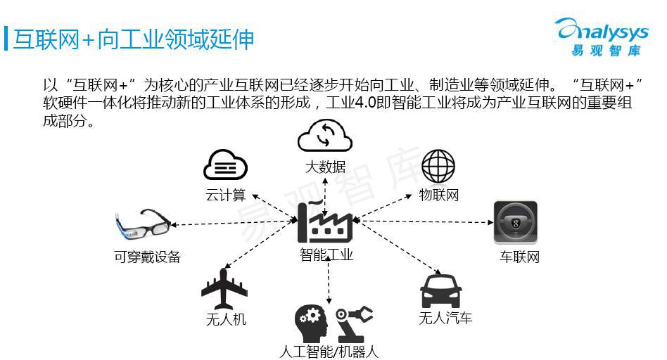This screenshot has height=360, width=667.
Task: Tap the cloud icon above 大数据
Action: click(325, 136)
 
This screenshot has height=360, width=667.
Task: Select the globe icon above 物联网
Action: click(438, 166)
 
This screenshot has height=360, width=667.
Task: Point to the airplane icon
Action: click(225, 288)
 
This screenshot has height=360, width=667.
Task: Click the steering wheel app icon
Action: click(515, 224)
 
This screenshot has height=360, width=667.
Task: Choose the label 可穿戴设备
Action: click(147, 257)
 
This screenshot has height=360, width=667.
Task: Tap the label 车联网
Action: click(519, 257)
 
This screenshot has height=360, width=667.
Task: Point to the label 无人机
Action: click(226, 319)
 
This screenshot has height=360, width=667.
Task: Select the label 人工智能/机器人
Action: click(329, 352)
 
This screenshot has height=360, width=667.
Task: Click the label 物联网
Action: click(439, 195)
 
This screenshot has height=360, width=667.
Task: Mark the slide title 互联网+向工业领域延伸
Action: click(134, 39)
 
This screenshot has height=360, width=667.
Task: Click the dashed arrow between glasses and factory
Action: click(232, 223)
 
